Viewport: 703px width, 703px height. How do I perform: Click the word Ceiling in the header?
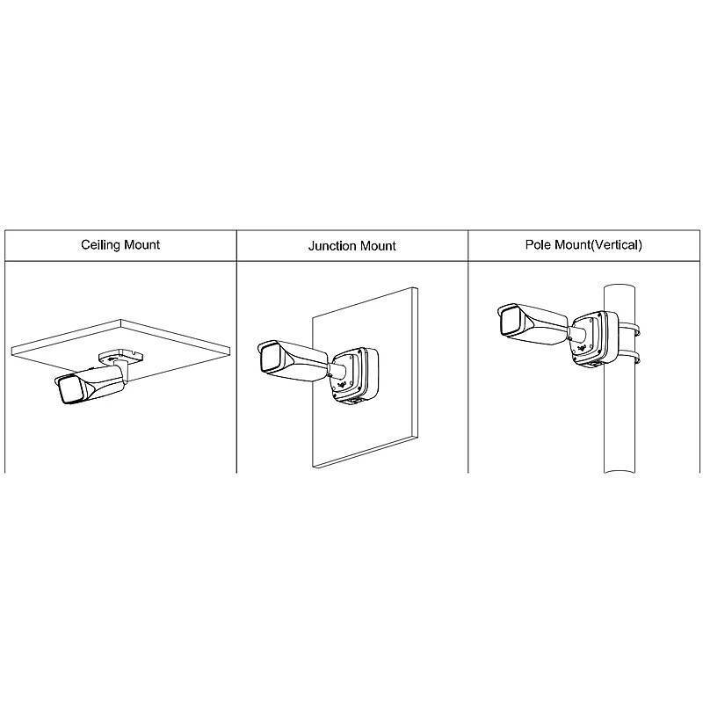point(100,245)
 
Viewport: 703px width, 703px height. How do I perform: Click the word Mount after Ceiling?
point(141,245)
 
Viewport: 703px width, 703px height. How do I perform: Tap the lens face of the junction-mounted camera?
point(271,358)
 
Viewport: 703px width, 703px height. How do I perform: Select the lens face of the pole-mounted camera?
point(510,321)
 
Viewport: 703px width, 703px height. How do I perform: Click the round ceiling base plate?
point(120,357)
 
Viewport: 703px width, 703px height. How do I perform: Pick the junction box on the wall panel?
point(355,375)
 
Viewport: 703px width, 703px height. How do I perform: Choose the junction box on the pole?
point(595,337)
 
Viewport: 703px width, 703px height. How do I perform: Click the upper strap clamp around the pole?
point(629,328)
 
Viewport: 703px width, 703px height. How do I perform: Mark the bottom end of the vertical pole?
point(620,472)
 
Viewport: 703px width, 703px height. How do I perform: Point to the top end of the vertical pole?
point(620,286)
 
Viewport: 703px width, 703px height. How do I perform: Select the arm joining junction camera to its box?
point(337,369)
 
